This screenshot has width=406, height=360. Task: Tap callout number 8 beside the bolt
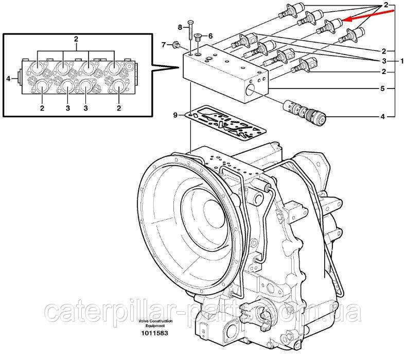click(181, 27)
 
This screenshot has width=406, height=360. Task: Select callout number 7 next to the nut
click(164, 45)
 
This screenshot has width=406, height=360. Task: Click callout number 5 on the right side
click(383, 88)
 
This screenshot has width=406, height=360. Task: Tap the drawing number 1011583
click(154, 333)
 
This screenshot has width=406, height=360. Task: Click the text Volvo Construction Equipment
click(155, 323)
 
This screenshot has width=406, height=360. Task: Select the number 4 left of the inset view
click(8, 79)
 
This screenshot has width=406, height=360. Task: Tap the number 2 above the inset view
click(76, 39)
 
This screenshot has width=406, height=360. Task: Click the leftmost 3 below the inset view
click(67, 108)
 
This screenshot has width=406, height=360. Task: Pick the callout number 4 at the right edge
click(383, 117)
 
